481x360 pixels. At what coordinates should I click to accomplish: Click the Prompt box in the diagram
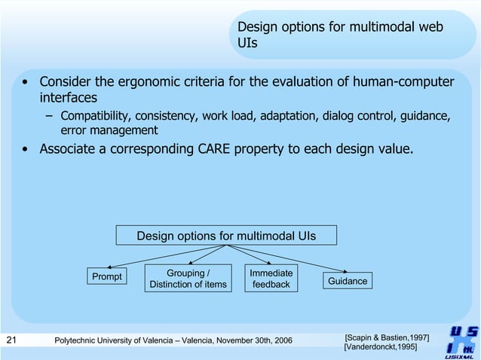point(106,276)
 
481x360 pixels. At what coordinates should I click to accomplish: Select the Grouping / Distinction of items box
point(188,278)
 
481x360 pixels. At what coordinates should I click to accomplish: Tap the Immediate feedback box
point(271,278)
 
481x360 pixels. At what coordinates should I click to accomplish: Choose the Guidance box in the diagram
point(347,281)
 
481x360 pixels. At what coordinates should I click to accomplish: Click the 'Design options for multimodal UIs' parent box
point(226,236)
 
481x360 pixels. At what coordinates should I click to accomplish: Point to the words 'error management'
point(109,130)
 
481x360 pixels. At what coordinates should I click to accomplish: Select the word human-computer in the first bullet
point(408,81)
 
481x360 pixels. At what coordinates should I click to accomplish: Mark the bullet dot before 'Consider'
point(26,82)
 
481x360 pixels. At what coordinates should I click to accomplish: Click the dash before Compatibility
point(49,117)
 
